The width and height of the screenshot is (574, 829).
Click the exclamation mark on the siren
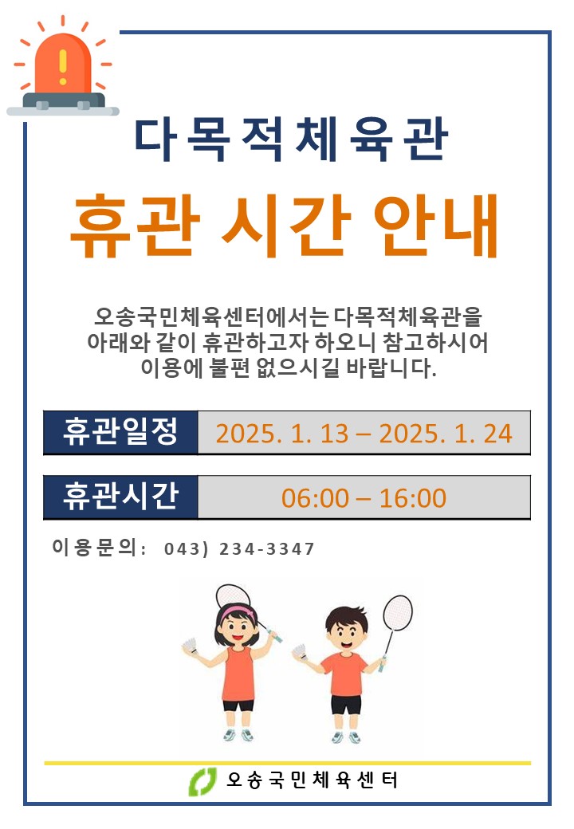[x=63, y=67]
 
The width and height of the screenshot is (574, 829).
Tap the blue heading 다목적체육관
[x=291, y=139]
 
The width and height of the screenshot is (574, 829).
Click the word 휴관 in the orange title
[x=136, y=226]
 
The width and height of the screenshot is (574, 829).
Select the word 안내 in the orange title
[x=435, y=226]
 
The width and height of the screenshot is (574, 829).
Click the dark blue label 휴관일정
[x=121, y=432]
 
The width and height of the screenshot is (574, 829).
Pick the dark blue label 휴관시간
[x=121, y=497]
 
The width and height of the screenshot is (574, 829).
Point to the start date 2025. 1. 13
[x=282, y=434]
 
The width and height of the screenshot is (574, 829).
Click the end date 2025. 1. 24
[x=446, y=434]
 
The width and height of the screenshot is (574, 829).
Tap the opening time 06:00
[x=315, y=498]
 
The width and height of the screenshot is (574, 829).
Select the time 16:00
[x=413, y=498]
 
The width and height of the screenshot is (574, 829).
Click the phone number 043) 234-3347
[x=239, y=548]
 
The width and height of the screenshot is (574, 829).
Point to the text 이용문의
[x=95, y=547]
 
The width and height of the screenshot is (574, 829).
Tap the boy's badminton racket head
[x=398, y=613]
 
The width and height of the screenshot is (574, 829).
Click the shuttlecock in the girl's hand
[x=191, y=646]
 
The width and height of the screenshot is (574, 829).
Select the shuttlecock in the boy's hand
[x=300, y=650]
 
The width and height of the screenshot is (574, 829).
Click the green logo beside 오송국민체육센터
[x=203, y=781]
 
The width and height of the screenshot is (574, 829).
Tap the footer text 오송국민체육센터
[x=312, y=780]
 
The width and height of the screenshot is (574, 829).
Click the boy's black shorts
[x=346, y=705]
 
